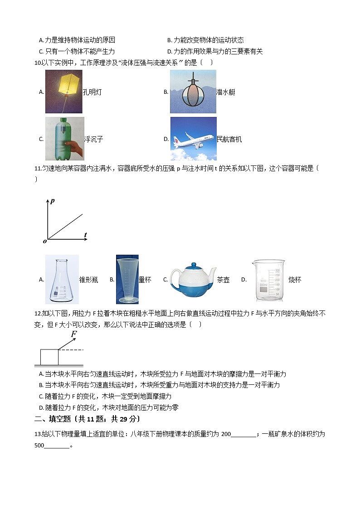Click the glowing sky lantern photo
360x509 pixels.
pyautogui.click(x=63, y=92)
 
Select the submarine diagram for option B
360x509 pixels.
pyautogui.click(x=193, y=92)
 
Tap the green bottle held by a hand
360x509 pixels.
pyautogui.click(x=64, y=138)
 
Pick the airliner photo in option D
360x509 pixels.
pyautogui.click(x=193, y=138)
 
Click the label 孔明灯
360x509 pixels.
pyautogui.click(x=92, y=92)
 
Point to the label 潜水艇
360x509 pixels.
pyautogui.click(x=226, y=92)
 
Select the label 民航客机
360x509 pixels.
pyautogui.click(x=229, y=139)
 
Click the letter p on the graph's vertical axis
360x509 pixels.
pyautogui.click(x=53, y=201)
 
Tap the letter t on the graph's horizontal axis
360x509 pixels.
pyautogui.click(x=85, y=234)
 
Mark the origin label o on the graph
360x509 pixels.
pyautogui.click(x=45, y=241)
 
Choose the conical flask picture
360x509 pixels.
pyautogui.click(x=62, y=279)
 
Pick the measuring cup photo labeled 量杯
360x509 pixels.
pyautogui.click(x=127, y=279)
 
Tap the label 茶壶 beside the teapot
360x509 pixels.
pyautogui.click(x=223, y=280)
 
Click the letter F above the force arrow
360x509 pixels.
pyautogui.click(x=73, y=335)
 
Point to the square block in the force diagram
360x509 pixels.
pyautogui.click(x=49, y=357)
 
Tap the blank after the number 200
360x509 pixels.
pyautogui.click(x=243, y=435)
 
